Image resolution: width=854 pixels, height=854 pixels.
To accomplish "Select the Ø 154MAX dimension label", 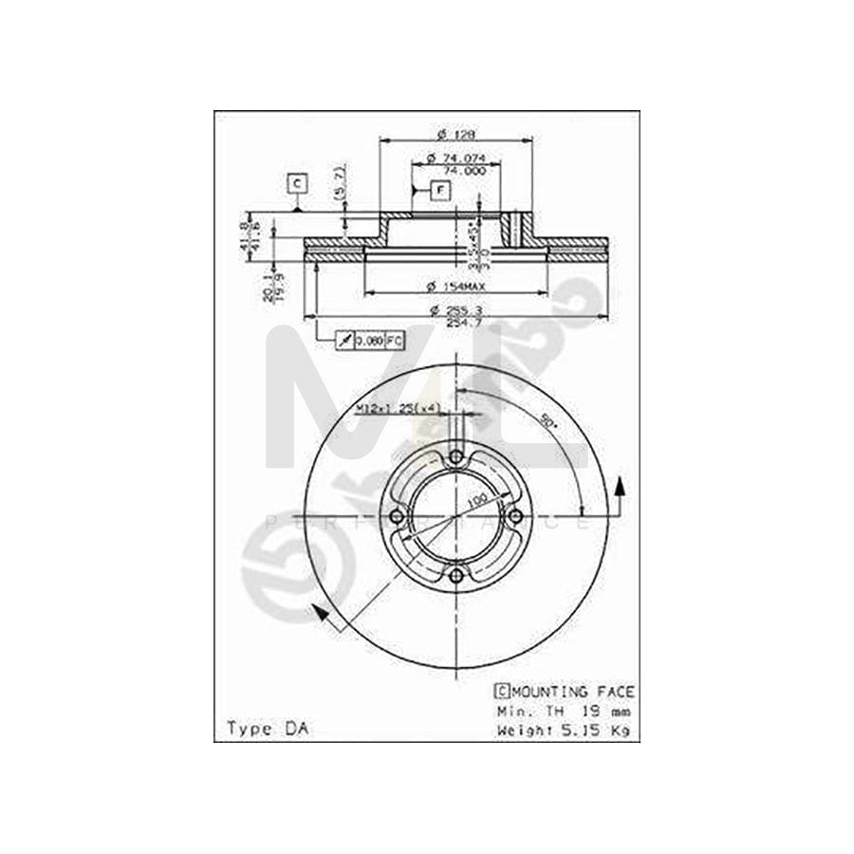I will point(455,286).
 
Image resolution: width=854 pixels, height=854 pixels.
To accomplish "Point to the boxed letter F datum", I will point(440,190).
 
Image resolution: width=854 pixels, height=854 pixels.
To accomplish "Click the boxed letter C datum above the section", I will point(297,182).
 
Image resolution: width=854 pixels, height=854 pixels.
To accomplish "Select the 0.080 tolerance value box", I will point(369,339).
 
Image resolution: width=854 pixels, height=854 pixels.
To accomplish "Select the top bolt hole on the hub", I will point(456,457).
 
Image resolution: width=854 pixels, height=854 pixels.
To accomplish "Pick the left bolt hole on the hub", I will point(397,516).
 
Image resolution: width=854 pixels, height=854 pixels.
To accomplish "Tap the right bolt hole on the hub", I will point(515,516).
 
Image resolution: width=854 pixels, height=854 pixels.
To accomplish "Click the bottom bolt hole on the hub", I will point(456,575).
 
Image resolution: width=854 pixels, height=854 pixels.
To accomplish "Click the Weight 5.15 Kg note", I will point(565,730).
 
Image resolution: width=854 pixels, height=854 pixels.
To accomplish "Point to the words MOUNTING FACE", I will point(573,693).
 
